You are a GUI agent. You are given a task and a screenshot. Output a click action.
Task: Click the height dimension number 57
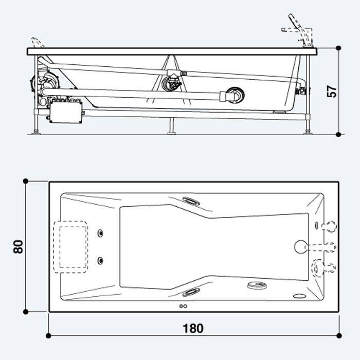332,92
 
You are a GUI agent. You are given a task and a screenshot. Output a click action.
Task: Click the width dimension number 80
18,246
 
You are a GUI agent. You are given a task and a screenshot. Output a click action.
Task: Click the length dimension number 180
193,328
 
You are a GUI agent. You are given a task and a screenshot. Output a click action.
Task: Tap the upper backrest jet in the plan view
100,233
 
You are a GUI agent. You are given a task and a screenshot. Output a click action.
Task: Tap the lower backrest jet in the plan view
100,261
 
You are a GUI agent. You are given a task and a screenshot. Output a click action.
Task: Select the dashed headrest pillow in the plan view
70,247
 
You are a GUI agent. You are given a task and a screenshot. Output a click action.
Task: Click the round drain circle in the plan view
300,247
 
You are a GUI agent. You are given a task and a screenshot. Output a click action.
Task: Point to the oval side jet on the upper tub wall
191,201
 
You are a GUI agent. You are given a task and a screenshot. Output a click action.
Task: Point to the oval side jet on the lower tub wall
191,292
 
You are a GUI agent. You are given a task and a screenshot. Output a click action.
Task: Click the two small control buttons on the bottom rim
183,306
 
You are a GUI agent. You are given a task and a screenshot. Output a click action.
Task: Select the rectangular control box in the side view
66,112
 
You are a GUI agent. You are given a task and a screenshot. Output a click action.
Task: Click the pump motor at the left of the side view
45,82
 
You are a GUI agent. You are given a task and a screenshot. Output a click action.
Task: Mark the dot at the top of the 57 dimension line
338,48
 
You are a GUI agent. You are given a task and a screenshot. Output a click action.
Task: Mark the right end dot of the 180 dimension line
339,336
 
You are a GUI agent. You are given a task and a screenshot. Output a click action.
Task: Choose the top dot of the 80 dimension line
26,181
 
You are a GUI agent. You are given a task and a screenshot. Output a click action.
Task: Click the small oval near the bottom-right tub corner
300,296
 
